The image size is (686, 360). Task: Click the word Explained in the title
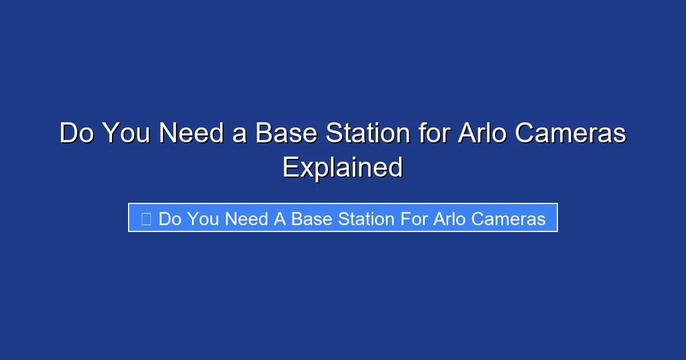[x=342, y=167]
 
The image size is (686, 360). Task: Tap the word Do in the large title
[x=78, y=134]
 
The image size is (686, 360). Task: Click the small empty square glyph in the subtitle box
[x=146, y=218]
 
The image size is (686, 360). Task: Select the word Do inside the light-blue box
[x=170, y=218]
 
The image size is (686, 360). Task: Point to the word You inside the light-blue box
[x=202, y=218]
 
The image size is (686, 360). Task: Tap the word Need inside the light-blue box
[x=246, y=218]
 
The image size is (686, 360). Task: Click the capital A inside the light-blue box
[x=280, y=218]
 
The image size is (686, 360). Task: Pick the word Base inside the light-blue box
[x=311, y=218]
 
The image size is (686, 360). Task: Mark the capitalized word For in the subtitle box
[x=413, y=218]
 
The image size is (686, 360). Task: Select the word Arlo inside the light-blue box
[x=447, y=218]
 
